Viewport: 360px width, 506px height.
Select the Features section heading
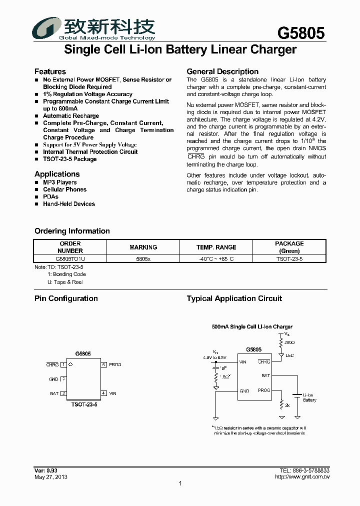pyautogui.click(x=50, y=71)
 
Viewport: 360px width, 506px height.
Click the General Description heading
pyautogui.click(x=222, y=71)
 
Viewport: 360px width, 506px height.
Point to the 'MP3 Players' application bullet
pyautogui.click(x=60, y=182)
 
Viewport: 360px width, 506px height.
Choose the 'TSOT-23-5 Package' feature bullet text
pyautogui.click(x=69, y=159)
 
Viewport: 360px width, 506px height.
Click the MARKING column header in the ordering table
pyautogui.click(x=143, y=247)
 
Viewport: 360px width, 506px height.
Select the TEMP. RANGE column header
pyautogui.click(x=216, y=247)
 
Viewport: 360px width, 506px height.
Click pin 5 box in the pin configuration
pyautogui.click(x=103, y=364)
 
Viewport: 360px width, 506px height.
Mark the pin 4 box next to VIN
pyautogui.click(x=103, y=393)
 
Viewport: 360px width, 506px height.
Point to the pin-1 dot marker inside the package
pyautogui.click(x=70, y=364)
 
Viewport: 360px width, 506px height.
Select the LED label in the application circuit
pyautogui.click(x=289, y=355)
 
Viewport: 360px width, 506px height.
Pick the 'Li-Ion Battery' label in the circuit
pyautogui.click(x=309, y=397)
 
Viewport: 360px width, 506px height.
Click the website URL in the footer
pyautogui.click(x=302, y=476)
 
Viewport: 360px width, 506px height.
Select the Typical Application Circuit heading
pyautogui.click(x=234, y=298)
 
